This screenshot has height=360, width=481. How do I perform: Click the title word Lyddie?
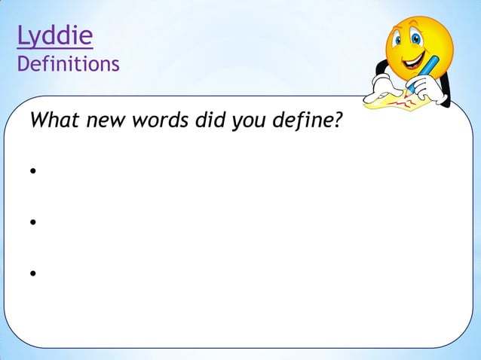(x=55, y=35)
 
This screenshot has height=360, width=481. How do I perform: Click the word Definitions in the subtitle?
(x=69, y=64)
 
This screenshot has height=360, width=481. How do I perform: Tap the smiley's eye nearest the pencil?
(x=437, y=38)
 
